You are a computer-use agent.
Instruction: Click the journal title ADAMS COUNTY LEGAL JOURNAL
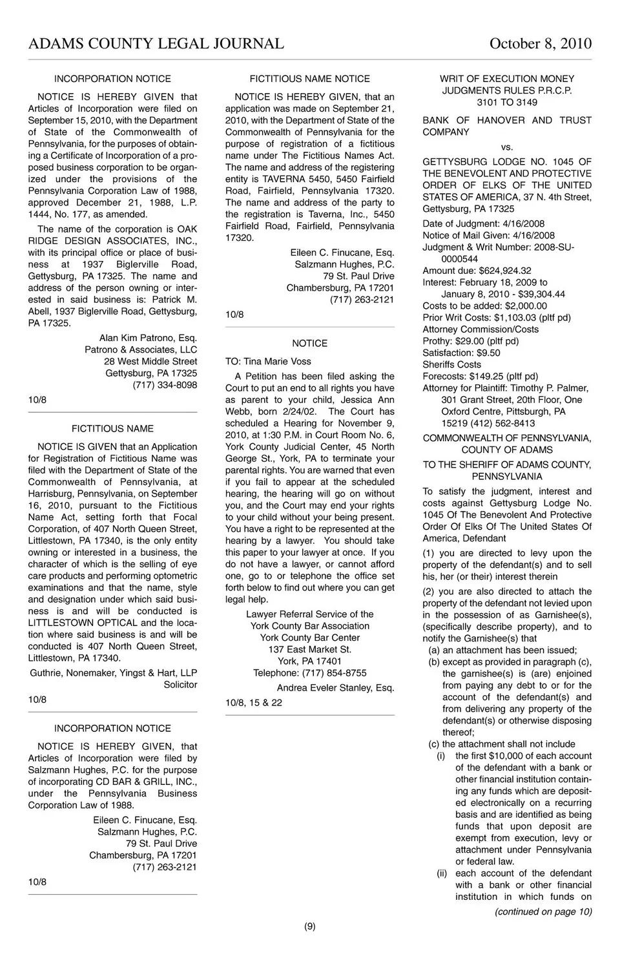coord(156,43)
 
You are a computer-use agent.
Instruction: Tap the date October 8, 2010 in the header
coord(540,43)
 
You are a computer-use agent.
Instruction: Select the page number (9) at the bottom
coord(310,926)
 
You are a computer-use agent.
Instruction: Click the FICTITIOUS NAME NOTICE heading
coord(310,79)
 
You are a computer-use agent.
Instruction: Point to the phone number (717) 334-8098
coord(165,385)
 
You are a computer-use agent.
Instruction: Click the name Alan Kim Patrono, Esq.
coord(148,338)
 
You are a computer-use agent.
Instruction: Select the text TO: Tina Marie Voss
coord(268,362)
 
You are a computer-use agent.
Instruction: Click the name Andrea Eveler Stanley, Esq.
coord(335,688)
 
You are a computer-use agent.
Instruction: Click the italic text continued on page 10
coord(543,911)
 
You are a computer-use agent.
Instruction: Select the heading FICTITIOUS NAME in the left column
coord(112,428)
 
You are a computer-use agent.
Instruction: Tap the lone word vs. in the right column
coord(507,147)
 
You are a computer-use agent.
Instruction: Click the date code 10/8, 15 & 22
coord(254,703)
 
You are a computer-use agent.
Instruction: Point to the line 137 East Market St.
coord(310,649)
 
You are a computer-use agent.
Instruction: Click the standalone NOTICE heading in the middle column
coord(310,344)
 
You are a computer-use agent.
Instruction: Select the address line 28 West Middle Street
coord(150,362)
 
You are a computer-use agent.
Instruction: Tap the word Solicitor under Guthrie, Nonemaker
coord(180,684)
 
